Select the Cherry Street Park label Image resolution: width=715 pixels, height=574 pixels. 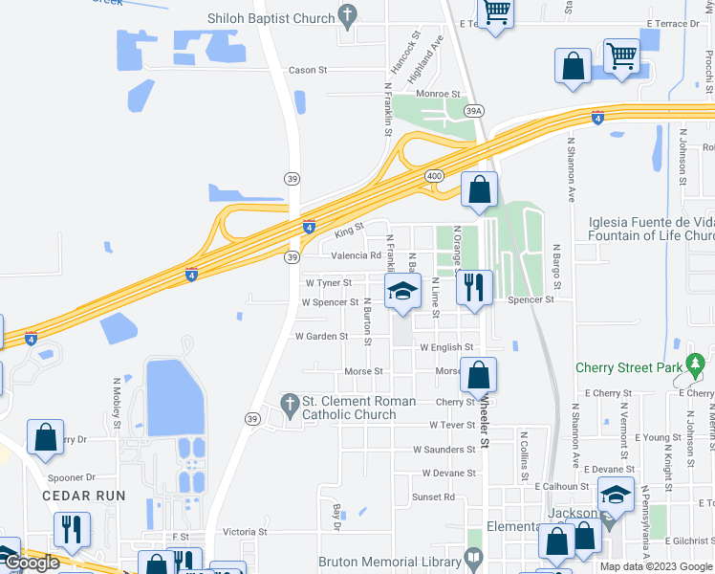coord(629,367)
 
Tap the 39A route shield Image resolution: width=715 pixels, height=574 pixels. coord(474,112)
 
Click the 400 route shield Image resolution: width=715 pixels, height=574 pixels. coord(434,177)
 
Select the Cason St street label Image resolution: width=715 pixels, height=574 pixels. coord(308,70)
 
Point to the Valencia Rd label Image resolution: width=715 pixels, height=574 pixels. coord(356,255)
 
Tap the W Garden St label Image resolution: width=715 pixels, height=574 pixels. coord(321,336)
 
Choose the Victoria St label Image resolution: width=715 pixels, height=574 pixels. coord(245,532)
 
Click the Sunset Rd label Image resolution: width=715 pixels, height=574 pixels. coord(433,497)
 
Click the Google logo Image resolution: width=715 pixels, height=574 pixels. coord(32,563)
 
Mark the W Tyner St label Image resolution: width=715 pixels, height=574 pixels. coord(329,283)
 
